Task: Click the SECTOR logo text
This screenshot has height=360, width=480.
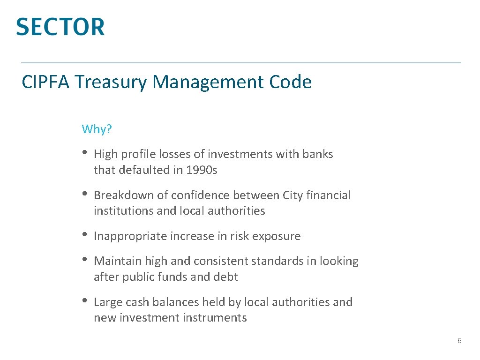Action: [60, 27]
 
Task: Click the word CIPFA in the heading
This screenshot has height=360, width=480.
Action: [45, 82]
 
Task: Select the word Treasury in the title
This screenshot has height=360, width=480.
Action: [110, 82]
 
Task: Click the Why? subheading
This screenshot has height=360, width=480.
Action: [97, 129]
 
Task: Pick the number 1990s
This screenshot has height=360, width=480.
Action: [202, 170]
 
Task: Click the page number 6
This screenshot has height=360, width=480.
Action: [459, 341]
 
